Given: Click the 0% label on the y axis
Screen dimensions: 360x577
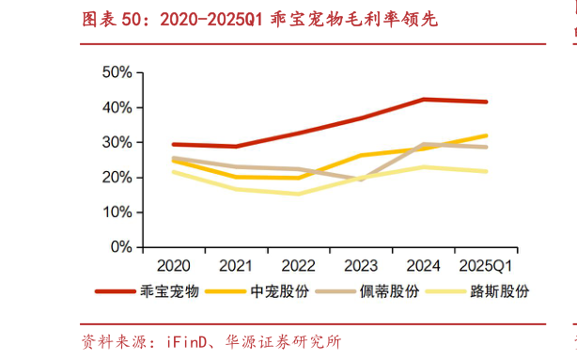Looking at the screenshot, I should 119,247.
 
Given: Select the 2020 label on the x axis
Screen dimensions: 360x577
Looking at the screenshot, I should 174,266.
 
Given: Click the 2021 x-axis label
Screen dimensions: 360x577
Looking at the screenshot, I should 236,266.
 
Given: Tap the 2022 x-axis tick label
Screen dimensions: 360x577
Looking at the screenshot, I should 299,266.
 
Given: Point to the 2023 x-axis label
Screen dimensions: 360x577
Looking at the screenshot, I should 361,266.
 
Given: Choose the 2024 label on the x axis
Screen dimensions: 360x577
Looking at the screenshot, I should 423,266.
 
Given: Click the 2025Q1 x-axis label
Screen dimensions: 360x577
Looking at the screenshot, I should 485,266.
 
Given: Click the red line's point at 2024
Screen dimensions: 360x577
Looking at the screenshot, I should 423,100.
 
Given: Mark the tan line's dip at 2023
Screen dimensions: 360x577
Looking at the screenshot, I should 361,179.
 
